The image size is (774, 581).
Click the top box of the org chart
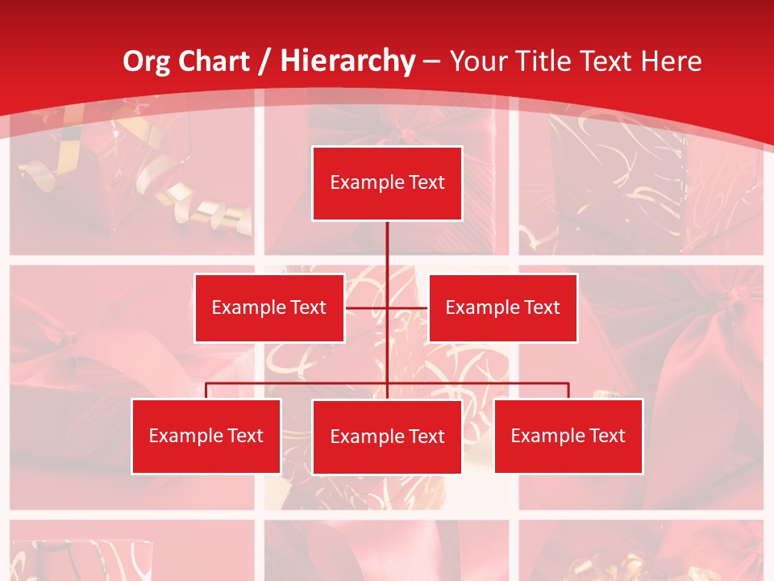tap(387, 183)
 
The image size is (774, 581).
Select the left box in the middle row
tap(269, 307)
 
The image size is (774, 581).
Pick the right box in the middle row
tap(502, 307)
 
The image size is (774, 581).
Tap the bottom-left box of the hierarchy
tap(206, 436)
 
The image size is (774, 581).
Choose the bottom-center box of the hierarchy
tap(387, 437)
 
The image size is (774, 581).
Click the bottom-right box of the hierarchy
tap(568, 436)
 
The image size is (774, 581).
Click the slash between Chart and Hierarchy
tap(266, 61)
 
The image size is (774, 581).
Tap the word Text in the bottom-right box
tap(607, 436)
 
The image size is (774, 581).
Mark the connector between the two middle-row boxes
tap(387, 307)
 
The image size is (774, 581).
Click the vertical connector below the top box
tap(387, 246)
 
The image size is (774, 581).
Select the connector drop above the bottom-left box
tap(206, 391)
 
